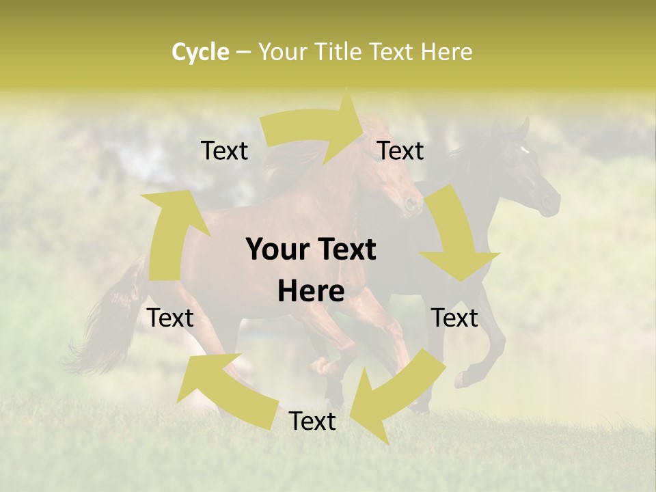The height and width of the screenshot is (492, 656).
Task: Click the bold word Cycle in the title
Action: click(x=200, y=52)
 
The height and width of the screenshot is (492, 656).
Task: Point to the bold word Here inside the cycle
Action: click(x=311, y=292)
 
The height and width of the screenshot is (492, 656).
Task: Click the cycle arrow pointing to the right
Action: click(x=314, y=130)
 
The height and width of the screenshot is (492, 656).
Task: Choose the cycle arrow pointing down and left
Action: click(x=396, y=396)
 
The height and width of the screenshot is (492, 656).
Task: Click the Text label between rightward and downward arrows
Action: click(x=400, y=151)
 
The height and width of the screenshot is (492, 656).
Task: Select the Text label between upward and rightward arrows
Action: click(x=224, y=151)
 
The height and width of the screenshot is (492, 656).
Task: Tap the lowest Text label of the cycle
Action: click(x=312, y=422)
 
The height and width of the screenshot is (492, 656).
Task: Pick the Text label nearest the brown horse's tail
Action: click(x=171, y=318)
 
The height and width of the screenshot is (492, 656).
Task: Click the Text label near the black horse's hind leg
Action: click(x=454, y=318)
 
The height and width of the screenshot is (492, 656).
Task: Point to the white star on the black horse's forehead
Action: click(x=524, y=150)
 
